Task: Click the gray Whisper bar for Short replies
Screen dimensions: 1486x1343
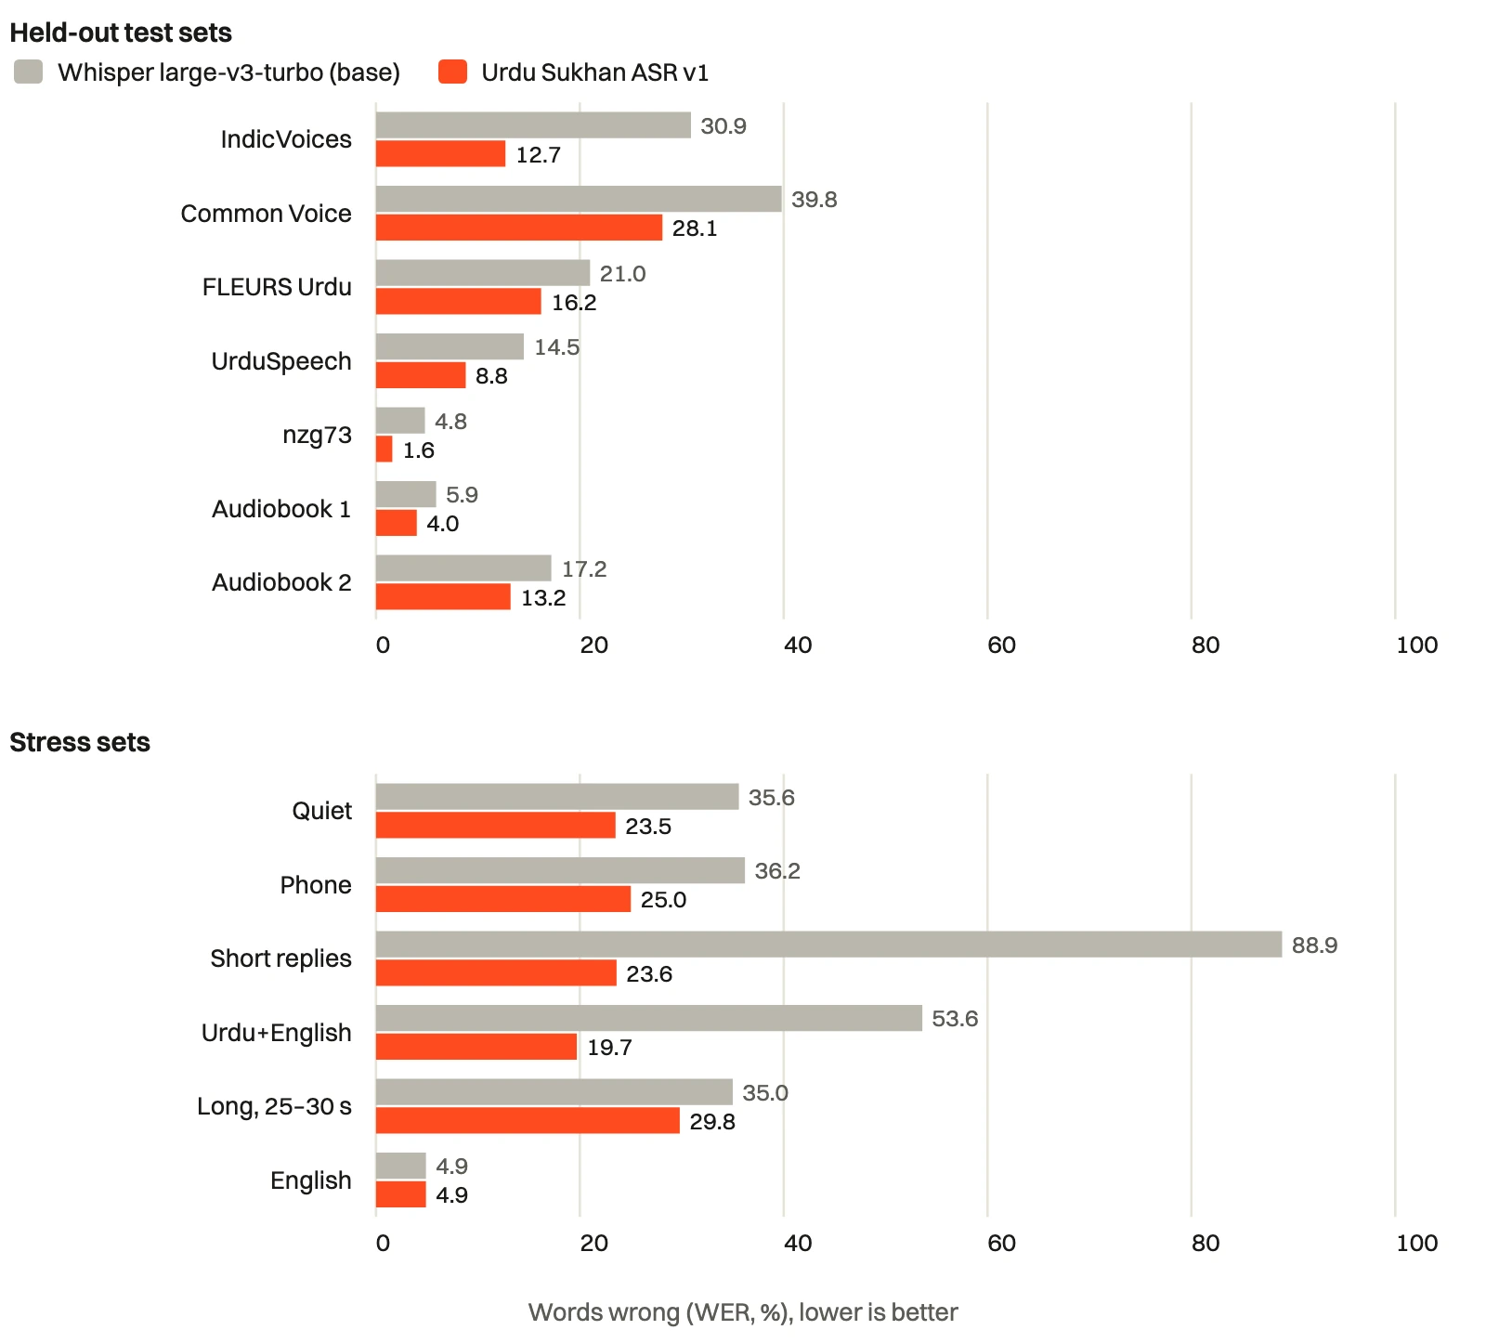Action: pyautogui.click(x=828, y=945)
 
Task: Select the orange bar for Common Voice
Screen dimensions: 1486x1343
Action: pyautogui.click(x=519, y=228)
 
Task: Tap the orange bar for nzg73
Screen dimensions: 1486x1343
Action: pyautogui.click(x=385, y=450)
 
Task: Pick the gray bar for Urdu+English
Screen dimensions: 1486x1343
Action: pyautogui.click(x=649, y=1018)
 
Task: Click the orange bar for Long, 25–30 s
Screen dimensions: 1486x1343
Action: pyautogui.click(x=528, y=1121)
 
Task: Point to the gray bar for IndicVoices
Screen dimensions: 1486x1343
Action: pyautogui.click(x=533, y=125)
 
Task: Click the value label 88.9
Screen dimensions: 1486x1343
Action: pyautogui.click(x=1315, y=945)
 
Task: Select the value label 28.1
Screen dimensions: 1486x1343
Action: pyautogui.click(x=695, y=228)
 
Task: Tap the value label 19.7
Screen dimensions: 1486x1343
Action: pyautogui.click(x=609, y=1048)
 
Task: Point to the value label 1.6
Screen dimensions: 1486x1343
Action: pyautogui.click(x=419, y=450)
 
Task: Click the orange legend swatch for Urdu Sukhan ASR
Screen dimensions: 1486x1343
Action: pyautogui.click(x=452, y=72)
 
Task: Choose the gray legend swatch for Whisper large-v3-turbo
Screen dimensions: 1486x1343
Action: pyautogui.click(x=29, y=72)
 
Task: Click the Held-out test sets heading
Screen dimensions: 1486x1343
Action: pyautogui.click(x=121, y=33)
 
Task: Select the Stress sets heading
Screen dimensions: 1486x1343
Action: pyautogui.click(x=80, y=742)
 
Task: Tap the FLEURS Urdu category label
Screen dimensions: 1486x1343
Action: pyautogui.click(x=277, y=287)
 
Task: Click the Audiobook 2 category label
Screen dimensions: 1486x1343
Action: pyautogui.click(x=281, y=582)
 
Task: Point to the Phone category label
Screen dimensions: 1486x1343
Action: pyautogui.click(x=316, y=885)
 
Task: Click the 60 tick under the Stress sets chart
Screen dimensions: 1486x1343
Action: pyautogui.click(x=1001, y=1243)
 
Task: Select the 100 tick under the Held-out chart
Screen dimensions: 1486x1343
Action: pyautogui.click(x=1417, y=645)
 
